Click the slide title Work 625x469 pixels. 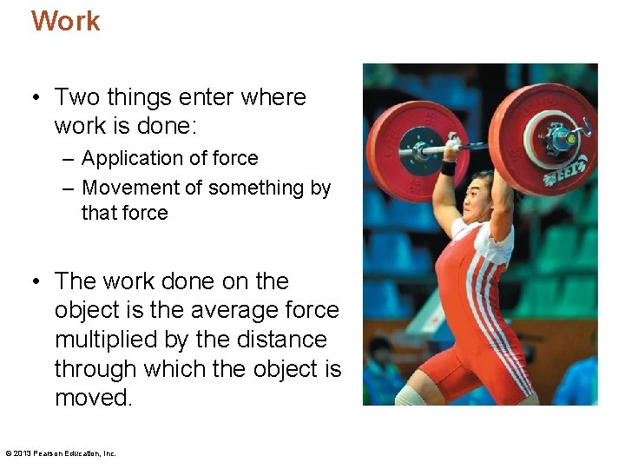point(66,21)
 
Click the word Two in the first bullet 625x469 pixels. point(78,97)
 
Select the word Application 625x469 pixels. point(128,158)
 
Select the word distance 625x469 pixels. point(286,340)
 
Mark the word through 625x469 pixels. point(95,369)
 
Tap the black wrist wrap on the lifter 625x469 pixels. point(448,168)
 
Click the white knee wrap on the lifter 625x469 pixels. point(408,396)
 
